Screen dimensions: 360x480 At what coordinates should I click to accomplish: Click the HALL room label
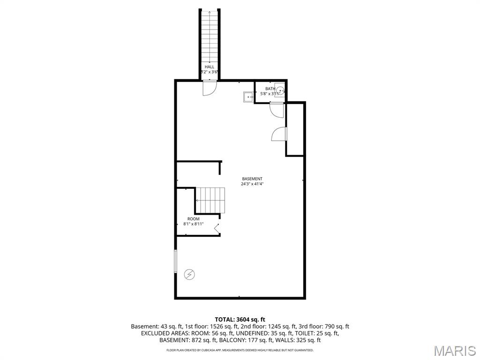click(x=209, y=67)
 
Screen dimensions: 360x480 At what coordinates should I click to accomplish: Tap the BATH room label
click(x=270, y=89)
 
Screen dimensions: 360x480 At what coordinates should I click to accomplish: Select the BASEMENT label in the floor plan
click(x=252, y=179)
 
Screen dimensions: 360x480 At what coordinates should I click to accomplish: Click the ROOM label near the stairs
click(x=193, y=219)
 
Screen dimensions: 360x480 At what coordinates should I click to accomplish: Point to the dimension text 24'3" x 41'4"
click(x=252, y=184)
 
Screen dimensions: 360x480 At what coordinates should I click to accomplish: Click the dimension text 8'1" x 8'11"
click(x=193, y=224)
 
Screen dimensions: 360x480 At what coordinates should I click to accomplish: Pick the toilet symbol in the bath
click(x=279, y=90)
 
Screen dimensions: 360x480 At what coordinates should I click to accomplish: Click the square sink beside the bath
click(x=248, y=97)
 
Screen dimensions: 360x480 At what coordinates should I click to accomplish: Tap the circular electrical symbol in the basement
click(x=189, y=274)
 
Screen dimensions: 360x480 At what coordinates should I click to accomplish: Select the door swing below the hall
click(x=209, y=88)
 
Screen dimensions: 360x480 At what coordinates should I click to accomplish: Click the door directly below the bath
click(x=277, y=110)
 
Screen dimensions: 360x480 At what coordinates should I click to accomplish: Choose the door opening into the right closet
click(x=279, y=134)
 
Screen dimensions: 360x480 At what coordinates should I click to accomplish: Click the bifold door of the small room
click(x=217, y=228)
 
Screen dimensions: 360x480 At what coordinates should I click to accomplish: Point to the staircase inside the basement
click(x=210, y=200)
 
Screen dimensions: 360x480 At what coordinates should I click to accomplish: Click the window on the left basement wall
click(x=175, y=261)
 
